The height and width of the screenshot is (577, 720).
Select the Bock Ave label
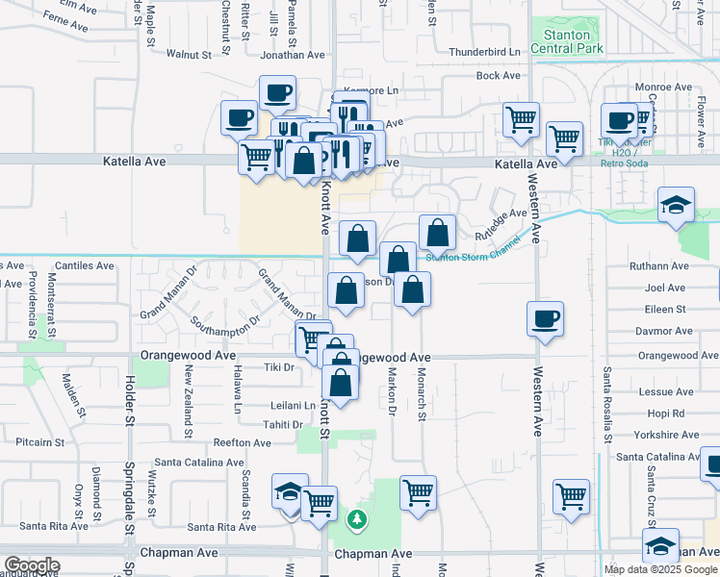[x=499, y=75]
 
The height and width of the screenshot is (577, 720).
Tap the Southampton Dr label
[x=225, y=320]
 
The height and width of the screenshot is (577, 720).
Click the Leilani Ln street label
[x=290, y=406]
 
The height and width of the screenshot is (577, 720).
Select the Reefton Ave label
[x=243, y=442]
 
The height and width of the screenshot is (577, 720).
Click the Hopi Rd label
[x=665, y=414]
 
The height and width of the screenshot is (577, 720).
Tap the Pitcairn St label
[x=39, y=443]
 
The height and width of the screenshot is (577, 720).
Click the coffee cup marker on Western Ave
[x=546, y=318]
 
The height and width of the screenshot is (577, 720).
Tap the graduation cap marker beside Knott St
[x=290, y=491]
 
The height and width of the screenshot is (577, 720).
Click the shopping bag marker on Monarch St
[x=412, y=290]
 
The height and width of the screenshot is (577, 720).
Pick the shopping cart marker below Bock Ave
[x=521, y=120]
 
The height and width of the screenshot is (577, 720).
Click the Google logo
[x=31, y=566]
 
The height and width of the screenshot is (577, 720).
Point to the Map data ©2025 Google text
[x=659, y=568]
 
